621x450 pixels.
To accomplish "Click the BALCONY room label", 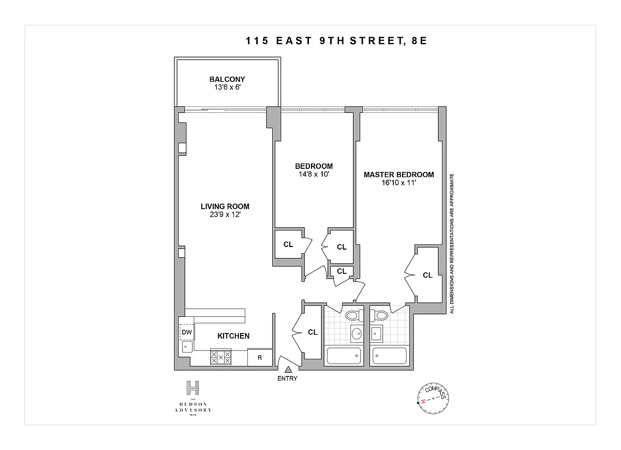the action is (227, 79).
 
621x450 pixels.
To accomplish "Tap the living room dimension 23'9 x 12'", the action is (225, 214).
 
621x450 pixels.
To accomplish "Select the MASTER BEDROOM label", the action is (398, 175).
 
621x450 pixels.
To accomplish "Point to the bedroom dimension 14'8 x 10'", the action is (314, 174).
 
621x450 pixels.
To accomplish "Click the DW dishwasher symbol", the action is (187, 332).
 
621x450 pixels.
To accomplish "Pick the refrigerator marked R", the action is (260, 357).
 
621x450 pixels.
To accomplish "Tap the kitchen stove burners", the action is (220, 357).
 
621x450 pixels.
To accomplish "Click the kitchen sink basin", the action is (187, 347).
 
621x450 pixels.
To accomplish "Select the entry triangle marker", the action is (288, 370).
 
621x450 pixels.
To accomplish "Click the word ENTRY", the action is (287, 379).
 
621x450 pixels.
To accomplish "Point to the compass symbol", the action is (433, 398).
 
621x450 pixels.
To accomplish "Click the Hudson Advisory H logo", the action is (193, 387).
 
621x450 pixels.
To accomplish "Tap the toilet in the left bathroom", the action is (354, 315).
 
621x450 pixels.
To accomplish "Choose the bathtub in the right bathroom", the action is (390, 356).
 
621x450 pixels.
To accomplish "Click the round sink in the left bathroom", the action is (357, 334).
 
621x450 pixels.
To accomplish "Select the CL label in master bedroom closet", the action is (427, 275).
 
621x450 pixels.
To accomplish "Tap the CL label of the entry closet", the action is (313, 332).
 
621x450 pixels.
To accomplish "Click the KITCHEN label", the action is (233, 336).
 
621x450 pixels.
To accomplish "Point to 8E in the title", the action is (419, 41).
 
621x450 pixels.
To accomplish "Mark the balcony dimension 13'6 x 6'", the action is (227, 87).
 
